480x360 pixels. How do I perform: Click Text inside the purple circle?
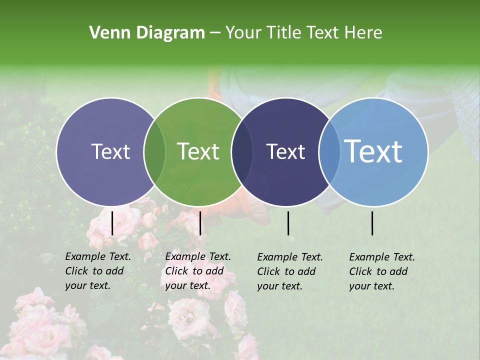(110, 152)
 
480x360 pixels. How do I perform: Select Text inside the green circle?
(198, 152)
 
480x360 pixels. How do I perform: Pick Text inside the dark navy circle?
(285, 152)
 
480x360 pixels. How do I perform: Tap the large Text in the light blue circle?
(373, 152)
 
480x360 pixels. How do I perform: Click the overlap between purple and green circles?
(154, 152)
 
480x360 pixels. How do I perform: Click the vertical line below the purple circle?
(112, 223)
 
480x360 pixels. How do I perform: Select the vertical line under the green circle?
(200, 223)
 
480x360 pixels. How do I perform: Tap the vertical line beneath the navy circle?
(288, 223)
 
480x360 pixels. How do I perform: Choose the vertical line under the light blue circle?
(372, 223)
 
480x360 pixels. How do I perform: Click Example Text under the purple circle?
(98, 256)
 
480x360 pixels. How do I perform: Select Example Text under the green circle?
(198, 256)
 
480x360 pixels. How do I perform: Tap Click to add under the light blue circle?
(378, 271)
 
